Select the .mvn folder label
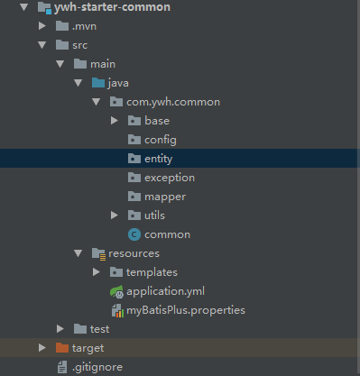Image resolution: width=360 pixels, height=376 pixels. click(x=84, y=26)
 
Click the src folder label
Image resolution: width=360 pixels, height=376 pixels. click(x=81, y=45)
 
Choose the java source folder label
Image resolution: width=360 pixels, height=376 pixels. click(x=118, y=83)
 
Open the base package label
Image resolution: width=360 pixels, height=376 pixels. click(x=156, y=121)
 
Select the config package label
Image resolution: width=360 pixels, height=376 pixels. click(x=160, y=140)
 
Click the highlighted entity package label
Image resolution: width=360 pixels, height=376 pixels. click(x=159, y=159)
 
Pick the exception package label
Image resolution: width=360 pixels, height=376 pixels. click(x=169, y=178)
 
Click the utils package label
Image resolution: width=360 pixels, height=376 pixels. click(x=154, y=216)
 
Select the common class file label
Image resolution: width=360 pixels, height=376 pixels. click(x=167, y=234)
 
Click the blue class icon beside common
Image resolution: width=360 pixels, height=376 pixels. click(x=134, y=234)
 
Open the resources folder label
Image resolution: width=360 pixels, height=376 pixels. click(x=134, y=253)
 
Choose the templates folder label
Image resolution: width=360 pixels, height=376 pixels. click(x=152, y=272)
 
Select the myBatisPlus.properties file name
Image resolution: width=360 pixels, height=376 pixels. click(x=185, y=310)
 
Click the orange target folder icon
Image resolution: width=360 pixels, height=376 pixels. click(x=61, y=348)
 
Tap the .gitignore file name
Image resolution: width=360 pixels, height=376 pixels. click(x=97, y=367)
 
